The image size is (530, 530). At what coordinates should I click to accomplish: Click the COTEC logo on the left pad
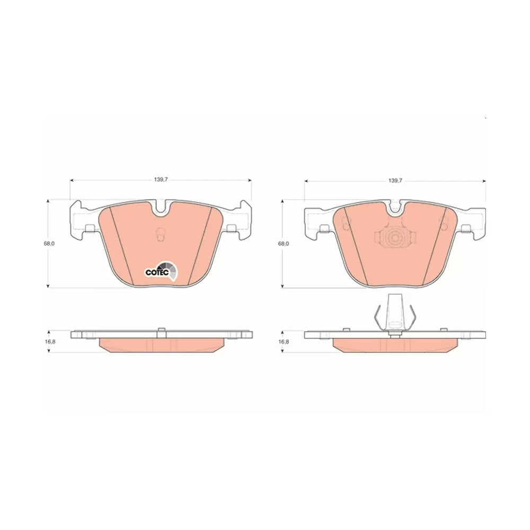click(161, 271)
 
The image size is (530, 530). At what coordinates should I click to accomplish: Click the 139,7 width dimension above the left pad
click(161, 180)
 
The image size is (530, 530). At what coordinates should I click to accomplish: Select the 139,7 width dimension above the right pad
click(395, 181)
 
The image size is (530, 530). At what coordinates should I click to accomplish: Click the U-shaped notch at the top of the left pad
click(162, 208)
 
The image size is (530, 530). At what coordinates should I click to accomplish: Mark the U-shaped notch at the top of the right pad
click(395, 208)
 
